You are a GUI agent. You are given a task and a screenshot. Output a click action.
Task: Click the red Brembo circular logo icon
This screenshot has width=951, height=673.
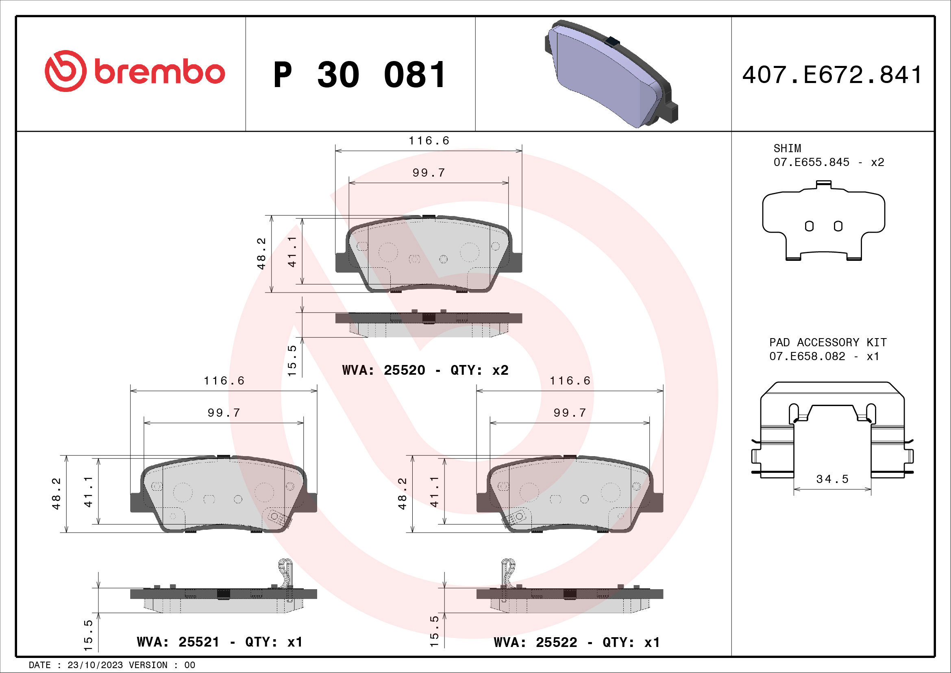[x=65, y=71]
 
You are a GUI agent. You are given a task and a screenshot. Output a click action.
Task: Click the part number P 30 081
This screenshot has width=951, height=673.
[x=359, y=75]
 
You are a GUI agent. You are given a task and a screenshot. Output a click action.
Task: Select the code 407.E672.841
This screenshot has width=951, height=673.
[x=832, y=75]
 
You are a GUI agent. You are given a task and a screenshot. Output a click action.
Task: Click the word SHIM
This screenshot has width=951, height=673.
[x=787, y=149]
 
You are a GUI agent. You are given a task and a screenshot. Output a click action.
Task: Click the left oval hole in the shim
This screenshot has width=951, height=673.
[x=809, y=226]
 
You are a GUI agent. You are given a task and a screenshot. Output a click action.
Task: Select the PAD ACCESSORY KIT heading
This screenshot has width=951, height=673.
[x=827, y=342]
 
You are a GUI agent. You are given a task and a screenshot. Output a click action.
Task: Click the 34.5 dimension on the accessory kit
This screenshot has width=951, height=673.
[x=832, y=479]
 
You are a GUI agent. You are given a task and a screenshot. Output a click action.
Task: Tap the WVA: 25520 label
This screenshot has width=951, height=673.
[x=383, y=370]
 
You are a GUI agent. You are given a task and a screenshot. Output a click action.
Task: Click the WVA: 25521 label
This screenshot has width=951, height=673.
[x=178, y=642]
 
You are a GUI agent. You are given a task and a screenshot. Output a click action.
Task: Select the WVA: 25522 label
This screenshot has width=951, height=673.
[x=535, y=642]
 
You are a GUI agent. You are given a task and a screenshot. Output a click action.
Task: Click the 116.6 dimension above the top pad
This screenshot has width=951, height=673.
[x=429, y=141]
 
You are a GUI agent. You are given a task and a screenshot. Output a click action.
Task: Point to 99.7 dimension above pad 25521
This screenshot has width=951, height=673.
[x=224, y=413]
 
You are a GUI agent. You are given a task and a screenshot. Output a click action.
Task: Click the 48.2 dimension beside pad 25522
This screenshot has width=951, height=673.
[x=402, y=493]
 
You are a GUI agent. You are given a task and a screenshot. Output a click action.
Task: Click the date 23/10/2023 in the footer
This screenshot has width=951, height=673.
[x=95, y=665]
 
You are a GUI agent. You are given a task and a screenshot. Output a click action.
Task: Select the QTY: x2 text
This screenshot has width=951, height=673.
[x=479, y=370]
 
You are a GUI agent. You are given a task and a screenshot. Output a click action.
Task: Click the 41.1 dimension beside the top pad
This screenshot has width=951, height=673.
[x=292, y=252]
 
